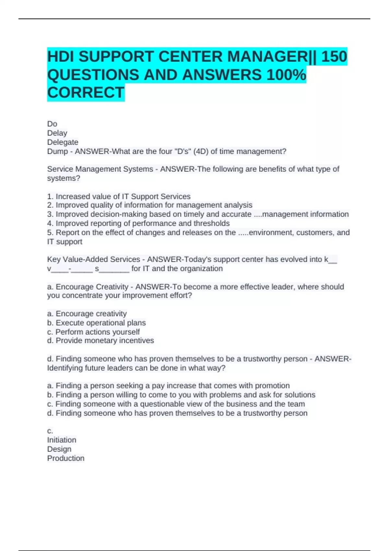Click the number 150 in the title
click(334, 57)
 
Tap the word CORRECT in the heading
click(86, 93)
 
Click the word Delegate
click(63, 142)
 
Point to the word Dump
click(57, 151)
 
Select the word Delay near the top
click(57, 133)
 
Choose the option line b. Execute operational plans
click(96, 323)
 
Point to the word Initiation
click(62, 440)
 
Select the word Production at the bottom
click(65, 458)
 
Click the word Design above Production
click(59, 449)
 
